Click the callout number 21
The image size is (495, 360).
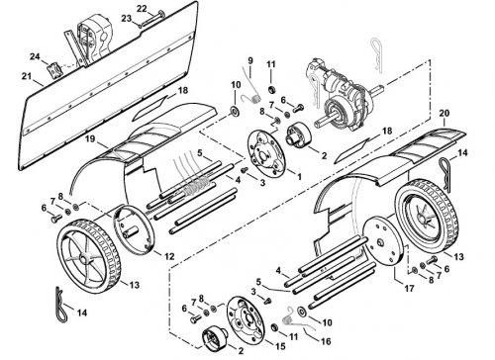point(27,76)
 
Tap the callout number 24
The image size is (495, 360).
point(35,56)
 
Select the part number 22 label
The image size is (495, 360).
point(142,9)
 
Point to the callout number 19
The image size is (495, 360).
point(89,138)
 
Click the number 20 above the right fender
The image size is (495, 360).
point(445,113)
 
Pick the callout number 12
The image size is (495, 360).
point(169,256)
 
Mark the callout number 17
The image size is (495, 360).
point(409,289)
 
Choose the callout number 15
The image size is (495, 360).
point(280,346)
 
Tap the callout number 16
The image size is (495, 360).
point(326,341)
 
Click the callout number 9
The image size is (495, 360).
point(250,60)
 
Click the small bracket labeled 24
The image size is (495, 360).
point(54,70)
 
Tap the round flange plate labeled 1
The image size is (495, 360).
point(265,150)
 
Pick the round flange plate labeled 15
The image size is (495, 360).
point(246,318)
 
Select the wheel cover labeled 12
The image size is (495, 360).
point(134,229)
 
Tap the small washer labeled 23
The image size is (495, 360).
point(140,26)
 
